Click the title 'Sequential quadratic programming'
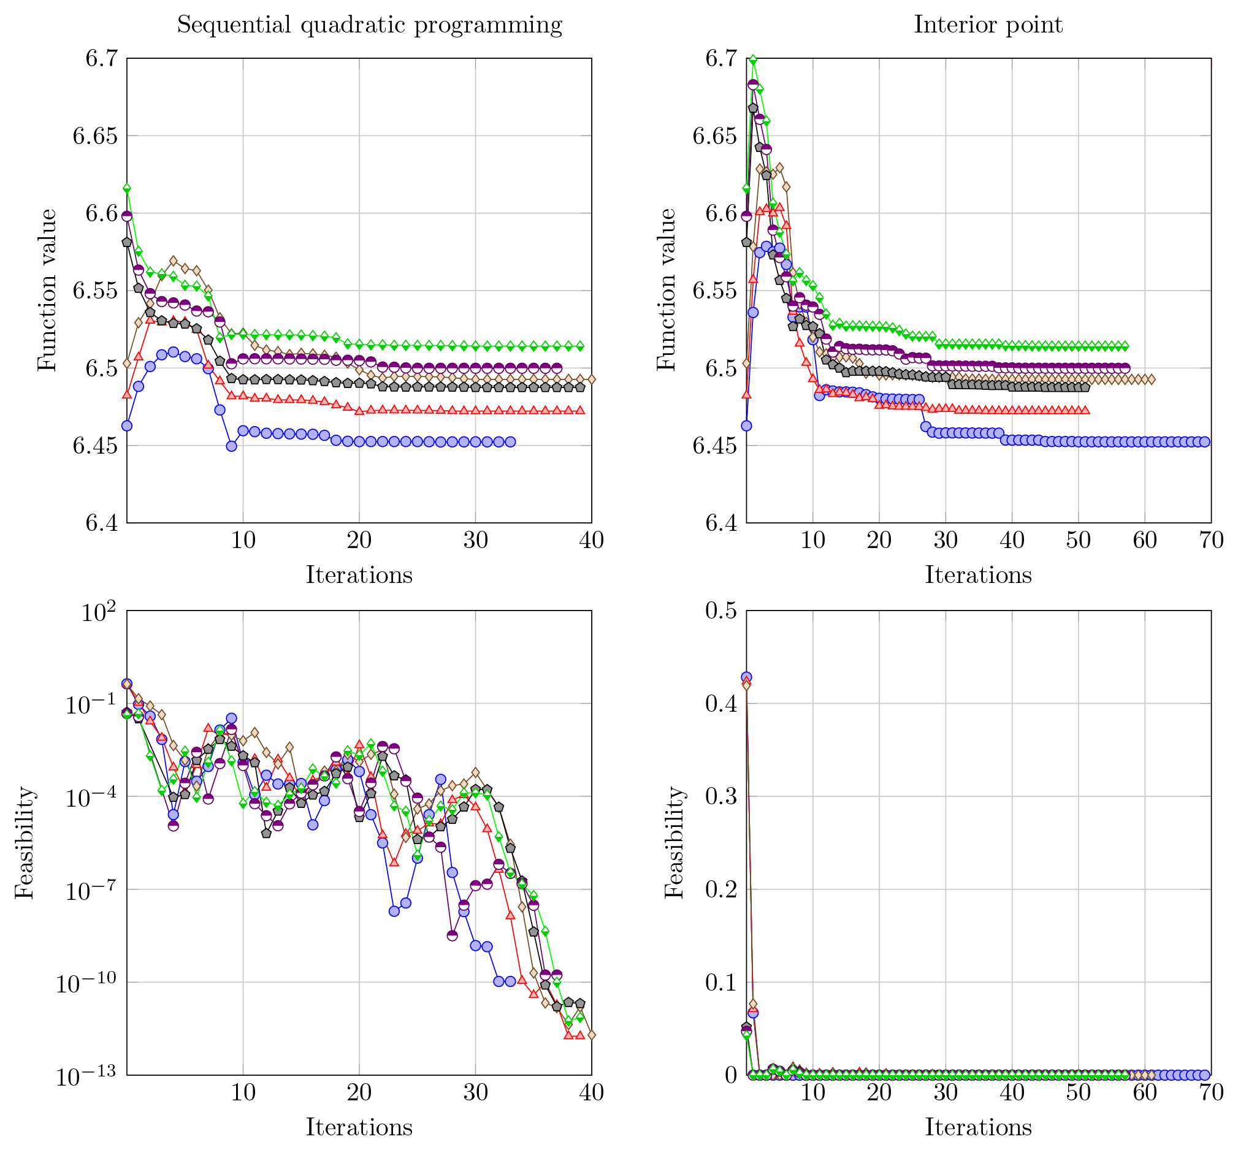[369, 25]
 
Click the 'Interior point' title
[988, 25]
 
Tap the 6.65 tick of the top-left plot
[94, 135]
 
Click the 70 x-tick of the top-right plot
[1210, 540]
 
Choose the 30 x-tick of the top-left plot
[476, 540]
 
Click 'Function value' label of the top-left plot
[47, 290]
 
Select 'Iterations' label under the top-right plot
[978, 575]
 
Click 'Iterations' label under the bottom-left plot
[359, 1127]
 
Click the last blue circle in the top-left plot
[510, 442]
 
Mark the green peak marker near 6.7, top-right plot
[753, 60]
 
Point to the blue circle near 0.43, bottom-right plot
[746, 677]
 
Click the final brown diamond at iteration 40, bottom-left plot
[591, 1035]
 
